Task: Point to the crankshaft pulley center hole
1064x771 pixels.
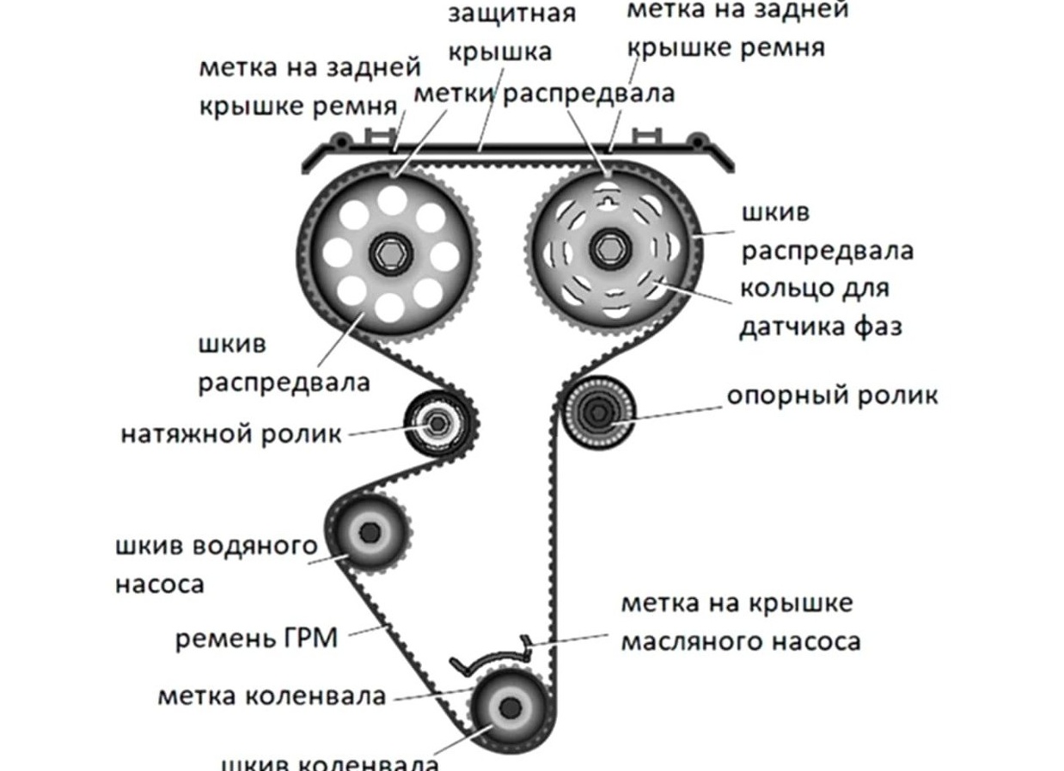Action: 510,709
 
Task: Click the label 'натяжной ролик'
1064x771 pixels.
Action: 230,433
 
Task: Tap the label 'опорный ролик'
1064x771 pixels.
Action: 832,395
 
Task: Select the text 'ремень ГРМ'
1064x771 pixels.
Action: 257,639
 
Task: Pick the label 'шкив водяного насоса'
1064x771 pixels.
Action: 216,565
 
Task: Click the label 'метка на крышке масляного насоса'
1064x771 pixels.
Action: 740,621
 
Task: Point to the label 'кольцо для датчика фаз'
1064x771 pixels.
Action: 820,307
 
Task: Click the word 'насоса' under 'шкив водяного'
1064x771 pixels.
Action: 160,584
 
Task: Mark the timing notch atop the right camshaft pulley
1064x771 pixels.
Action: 608,177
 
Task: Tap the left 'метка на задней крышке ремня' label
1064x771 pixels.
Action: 309,86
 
